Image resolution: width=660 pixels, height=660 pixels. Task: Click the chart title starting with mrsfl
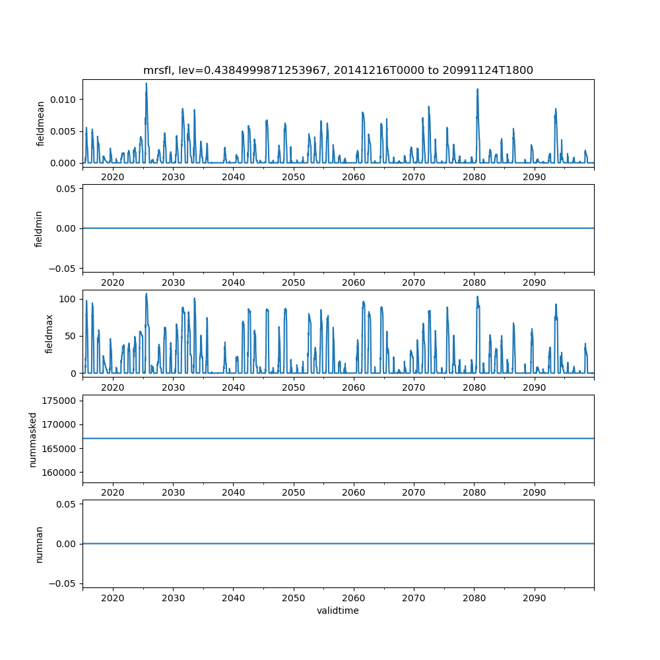point(338,70)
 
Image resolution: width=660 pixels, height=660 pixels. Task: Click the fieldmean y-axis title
point(41,123)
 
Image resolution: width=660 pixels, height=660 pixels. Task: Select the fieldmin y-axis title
point(39,228)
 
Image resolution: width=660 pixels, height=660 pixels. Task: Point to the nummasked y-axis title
point(33,439)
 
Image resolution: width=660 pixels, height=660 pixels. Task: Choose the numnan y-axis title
point(39,544)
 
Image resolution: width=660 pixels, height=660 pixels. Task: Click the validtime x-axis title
point(338,611)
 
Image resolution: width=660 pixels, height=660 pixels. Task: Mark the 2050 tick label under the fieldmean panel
point(293,178)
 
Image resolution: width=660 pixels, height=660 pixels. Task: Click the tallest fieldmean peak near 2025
point(147,84)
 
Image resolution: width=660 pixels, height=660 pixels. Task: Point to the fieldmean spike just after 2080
point(477,90)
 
